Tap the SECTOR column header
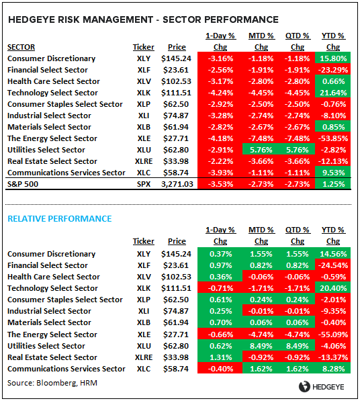(22, 47)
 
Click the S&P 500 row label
(25, 184)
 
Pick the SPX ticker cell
(143, 184)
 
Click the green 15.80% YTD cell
(332, 58)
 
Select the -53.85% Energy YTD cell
(332, 138)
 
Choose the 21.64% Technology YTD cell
(332, 93)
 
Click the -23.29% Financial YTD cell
(332, 70)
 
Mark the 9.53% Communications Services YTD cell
(332, 173)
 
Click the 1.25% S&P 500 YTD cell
(332, 184)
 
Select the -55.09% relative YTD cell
(332, 334)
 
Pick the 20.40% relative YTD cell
(332, 288)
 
